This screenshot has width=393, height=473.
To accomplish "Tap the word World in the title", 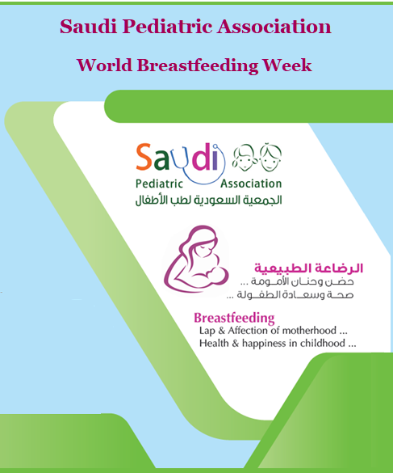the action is (x=104, y=65).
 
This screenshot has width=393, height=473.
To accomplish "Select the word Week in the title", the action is (x=286, y=65).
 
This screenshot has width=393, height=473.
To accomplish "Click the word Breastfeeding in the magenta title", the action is (x=197, y=65).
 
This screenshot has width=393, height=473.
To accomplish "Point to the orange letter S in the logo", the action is (x=144, y=157).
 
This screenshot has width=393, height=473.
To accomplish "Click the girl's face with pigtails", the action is (x=245, y=158).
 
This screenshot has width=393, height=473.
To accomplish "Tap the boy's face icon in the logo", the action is (x=270, y=157).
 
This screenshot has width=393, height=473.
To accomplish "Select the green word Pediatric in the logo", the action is (x=159, y=184).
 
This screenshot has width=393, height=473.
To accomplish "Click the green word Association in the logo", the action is (x=251, y=184).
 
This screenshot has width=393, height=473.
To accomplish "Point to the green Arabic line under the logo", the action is (x=208, y=201).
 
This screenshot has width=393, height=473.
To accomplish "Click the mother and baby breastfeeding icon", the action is (x=196, y=259).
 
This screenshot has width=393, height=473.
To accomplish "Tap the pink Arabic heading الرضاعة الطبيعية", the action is (x=309, y=268).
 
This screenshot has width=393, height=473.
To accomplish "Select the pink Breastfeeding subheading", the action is (x=234, y=318).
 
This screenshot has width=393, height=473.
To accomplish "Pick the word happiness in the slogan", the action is (x=264, y=344).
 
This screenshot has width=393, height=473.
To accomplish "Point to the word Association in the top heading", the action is (x=274, y=26).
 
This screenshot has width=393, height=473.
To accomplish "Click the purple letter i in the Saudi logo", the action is (x=215, y=157).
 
